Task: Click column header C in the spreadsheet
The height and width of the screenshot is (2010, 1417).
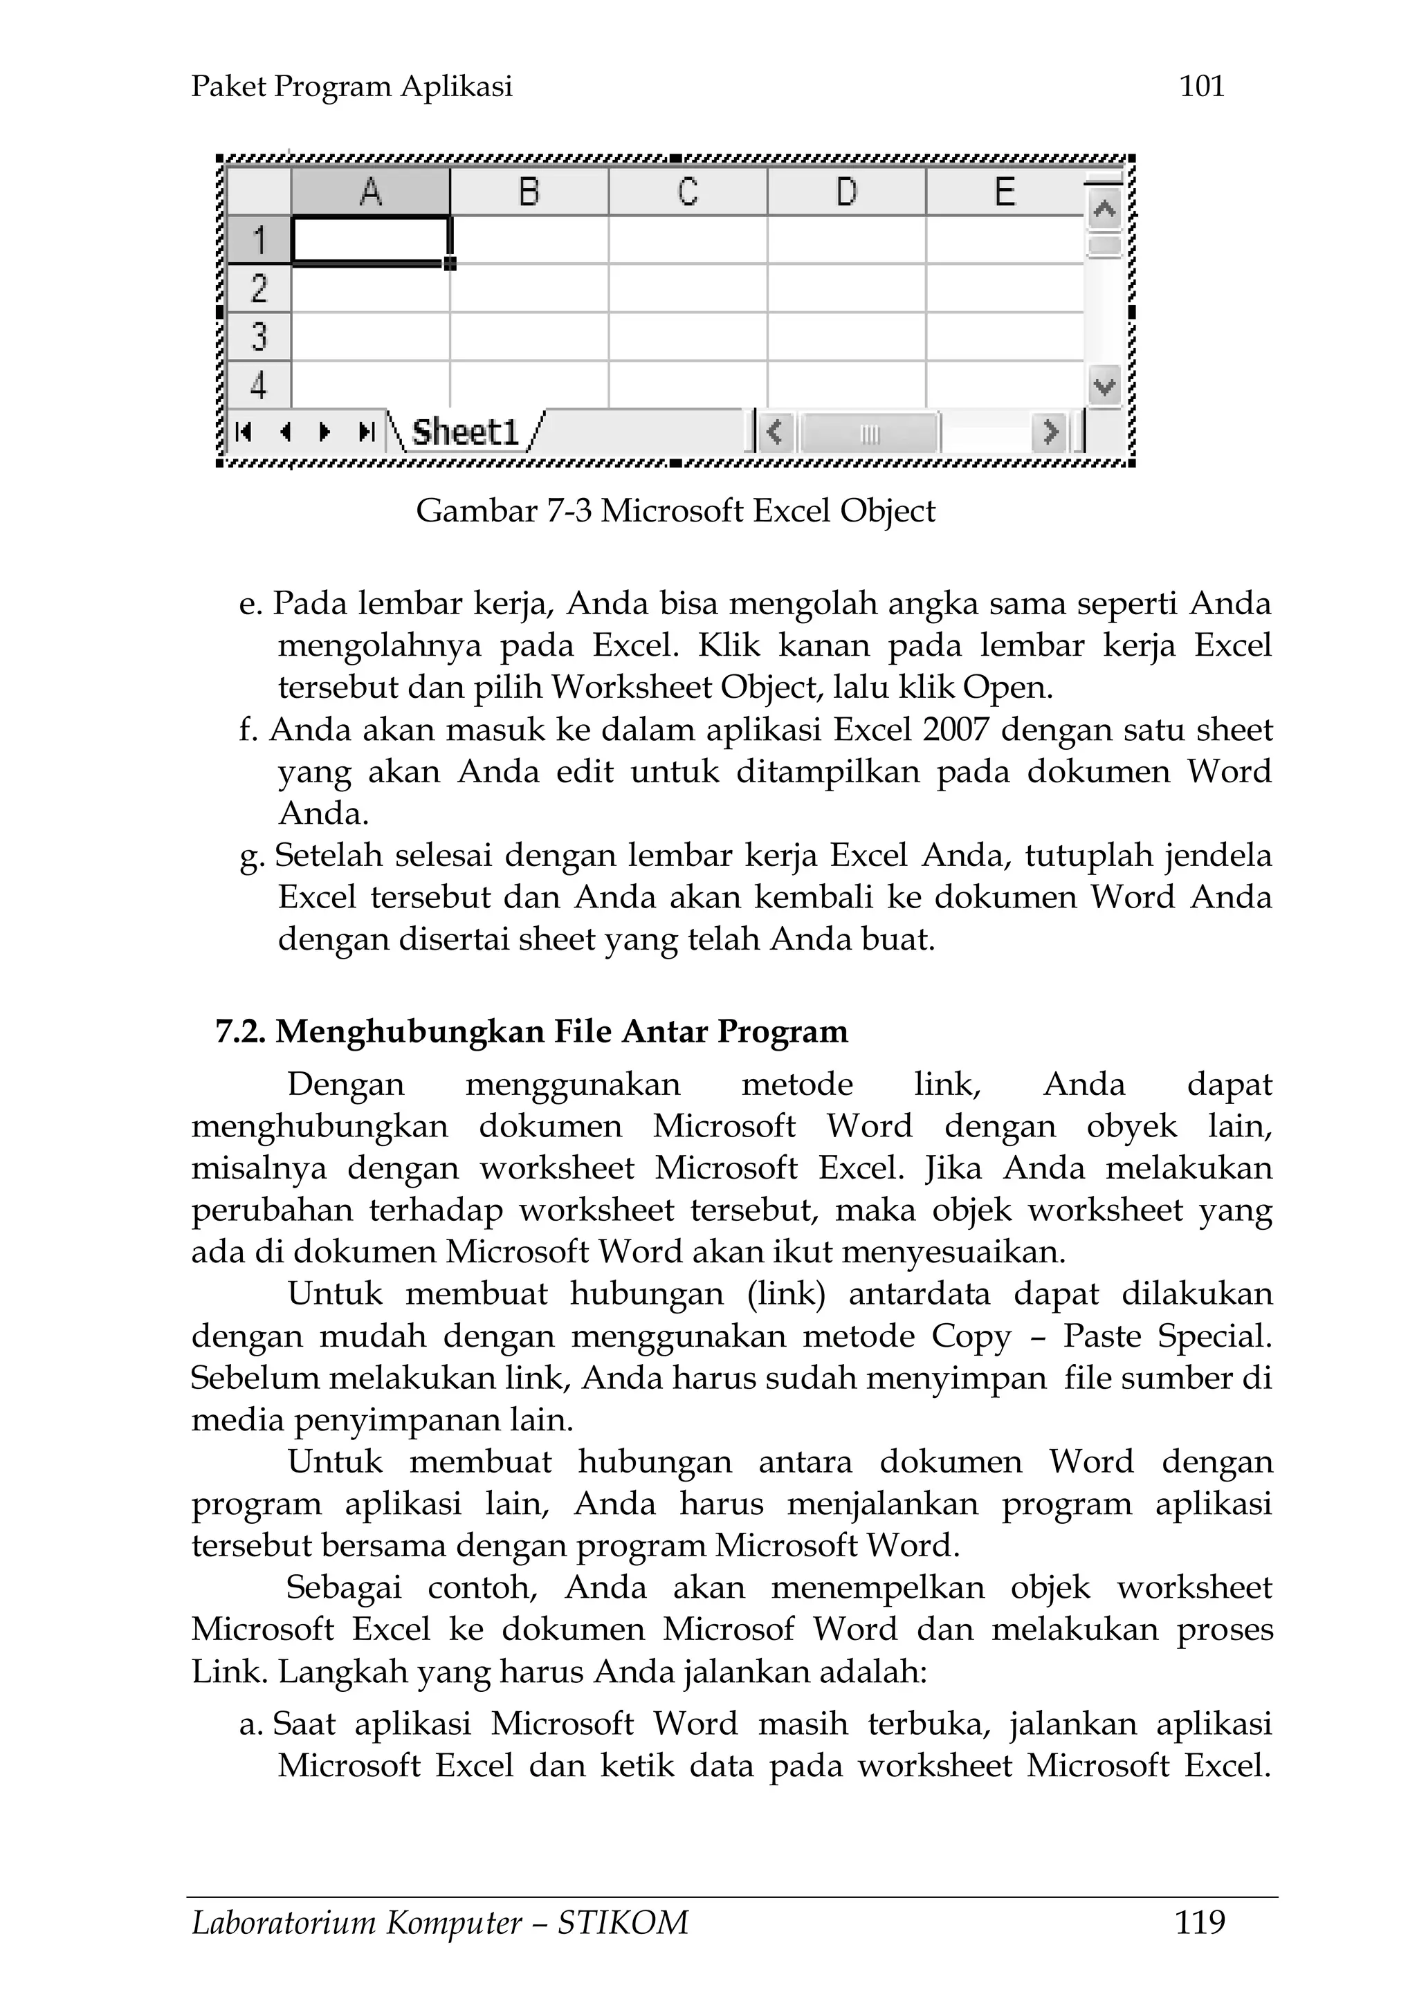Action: click(x=688, y=192)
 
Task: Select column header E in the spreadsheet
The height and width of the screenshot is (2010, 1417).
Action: click(x=1005, y=192)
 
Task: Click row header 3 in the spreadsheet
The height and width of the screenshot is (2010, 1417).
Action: click(x=258, y=336)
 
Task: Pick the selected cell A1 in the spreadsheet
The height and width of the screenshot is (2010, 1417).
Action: click(x=370, y=239)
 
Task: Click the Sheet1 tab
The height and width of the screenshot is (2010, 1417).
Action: click(x=465, y=432)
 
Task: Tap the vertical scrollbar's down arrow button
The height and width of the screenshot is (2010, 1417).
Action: click(x=1104, y=385)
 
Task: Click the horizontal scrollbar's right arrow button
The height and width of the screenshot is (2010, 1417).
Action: click(x=1049, y=432)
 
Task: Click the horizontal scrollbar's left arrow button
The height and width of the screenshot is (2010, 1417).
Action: click(x=774, y=432)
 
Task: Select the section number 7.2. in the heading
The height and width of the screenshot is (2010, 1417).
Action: click(x=240, y=1031)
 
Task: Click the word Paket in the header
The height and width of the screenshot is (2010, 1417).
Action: click(x=228, y=86)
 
